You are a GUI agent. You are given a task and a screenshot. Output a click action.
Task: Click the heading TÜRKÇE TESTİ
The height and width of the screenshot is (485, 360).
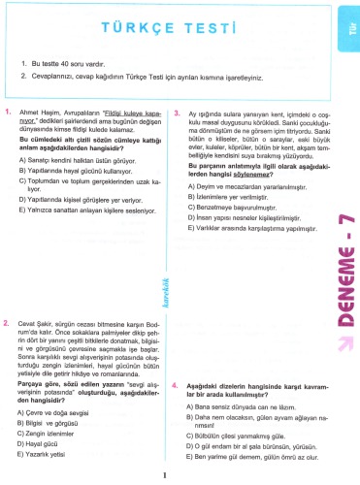pos(166,32)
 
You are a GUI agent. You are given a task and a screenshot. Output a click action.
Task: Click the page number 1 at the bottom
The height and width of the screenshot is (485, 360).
pos(167,475)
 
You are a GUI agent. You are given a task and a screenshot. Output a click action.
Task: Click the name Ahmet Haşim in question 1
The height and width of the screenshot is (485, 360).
pos(40,113)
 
